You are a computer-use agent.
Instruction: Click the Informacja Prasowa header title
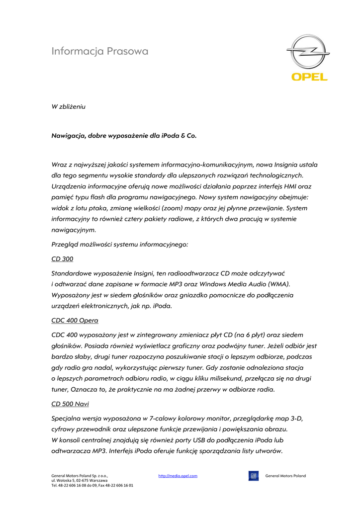pos(100,51)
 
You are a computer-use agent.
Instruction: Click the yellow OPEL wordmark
pos(309,77)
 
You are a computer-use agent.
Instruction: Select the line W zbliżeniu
pos(69,106)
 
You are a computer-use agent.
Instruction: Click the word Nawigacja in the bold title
pos(69,135)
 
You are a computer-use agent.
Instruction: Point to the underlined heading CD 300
pos(62,259)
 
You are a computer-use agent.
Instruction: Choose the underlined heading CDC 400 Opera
pos(75,321)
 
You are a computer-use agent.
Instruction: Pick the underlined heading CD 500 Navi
pos(70,404)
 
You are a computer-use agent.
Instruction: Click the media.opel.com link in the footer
pos(178,476)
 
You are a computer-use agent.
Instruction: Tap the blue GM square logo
pos(254,476)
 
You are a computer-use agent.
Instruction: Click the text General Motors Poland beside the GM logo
pos(285,476)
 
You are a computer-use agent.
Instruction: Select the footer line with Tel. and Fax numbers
pos(92,485)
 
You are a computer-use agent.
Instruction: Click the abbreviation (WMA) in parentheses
pos(279,284)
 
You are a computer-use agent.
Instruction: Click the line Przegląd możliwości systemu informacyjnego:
pos(120,245)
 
